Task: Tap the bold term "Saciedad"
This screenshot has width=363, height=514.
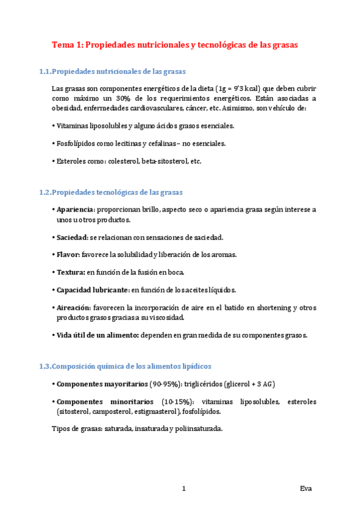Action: (x=72, y=237)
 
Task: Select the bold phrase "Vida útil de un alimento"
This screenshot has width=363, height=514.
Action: (x=97, y=335)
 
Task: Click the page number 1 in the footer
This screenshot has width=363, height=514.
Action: (x=183, y=489)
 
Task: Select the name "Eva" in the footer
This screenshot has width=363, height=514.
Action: (x=306, y=489)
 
